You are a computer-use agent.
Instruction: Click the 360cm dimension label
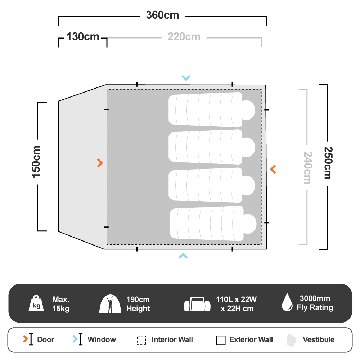(163, 15)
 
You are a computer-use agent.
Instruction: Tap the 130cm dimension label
(83, 37)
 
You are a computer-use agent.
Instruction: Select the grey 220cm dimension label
(184, 37)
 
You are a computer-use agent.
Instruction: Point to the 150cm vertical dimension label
(36, 162)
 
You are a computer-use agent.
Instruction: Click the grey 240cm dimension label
(308, 168)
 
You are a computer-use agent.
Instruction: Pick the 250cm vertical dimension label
(328, 163)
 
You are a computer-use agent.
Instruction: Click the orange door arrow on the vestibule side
(100, 163)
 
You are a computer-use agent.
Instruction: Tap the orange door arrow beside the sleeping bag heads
(273, 169)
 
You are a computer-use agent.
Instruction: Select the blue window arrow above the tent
(186, 78)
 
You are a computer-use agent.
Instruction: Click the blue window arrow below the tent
(183, 256)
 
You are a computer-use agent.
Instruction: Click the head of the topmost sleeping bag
(248, 110)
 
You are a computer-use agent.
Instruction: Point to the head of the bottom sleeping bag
(250, 224)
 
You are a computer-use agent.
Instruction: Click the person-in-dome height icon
(110, 304)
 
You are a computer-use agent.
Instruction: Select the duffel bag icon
(197, 304)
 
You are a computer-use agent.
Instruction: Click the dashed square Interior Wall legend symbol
(141, 340)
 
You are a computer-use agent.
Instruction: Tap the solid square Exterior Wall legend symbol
(221, 340)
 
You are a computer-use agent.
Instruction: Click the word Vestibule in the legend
(319, 339)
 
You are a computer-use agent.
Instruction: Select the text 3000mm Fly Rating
(315, 303)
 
